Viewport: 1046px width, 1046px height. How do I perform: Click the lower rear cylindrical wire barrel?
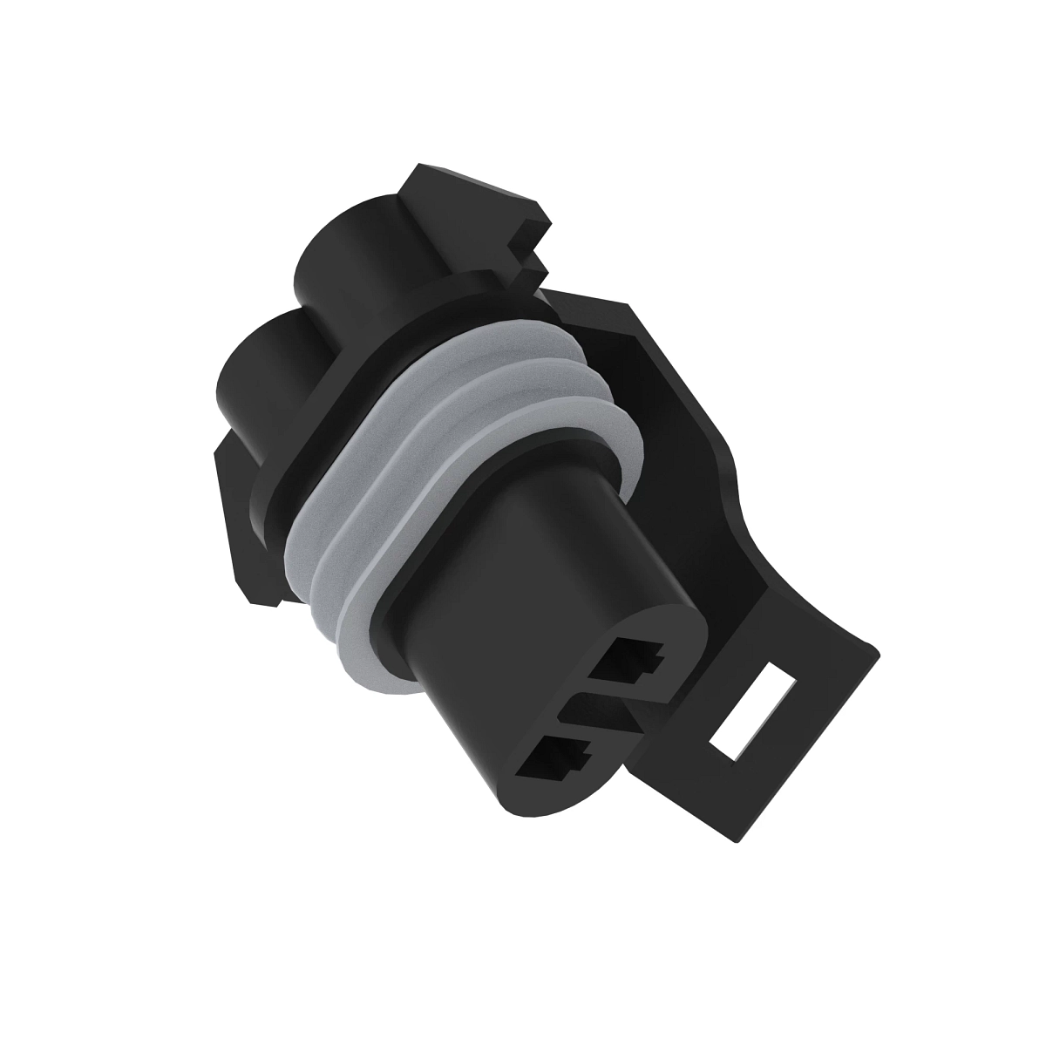click(x=261, y=366)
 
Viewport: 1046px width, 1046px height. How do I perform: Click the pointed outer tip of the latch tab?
click(x=876, y=645)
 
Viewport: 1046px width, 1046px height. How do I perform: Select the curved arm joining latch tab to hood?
click(x=767, y=558)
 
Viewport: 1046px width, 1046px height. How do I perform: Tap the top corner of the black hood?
click(x=628, y=305)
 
